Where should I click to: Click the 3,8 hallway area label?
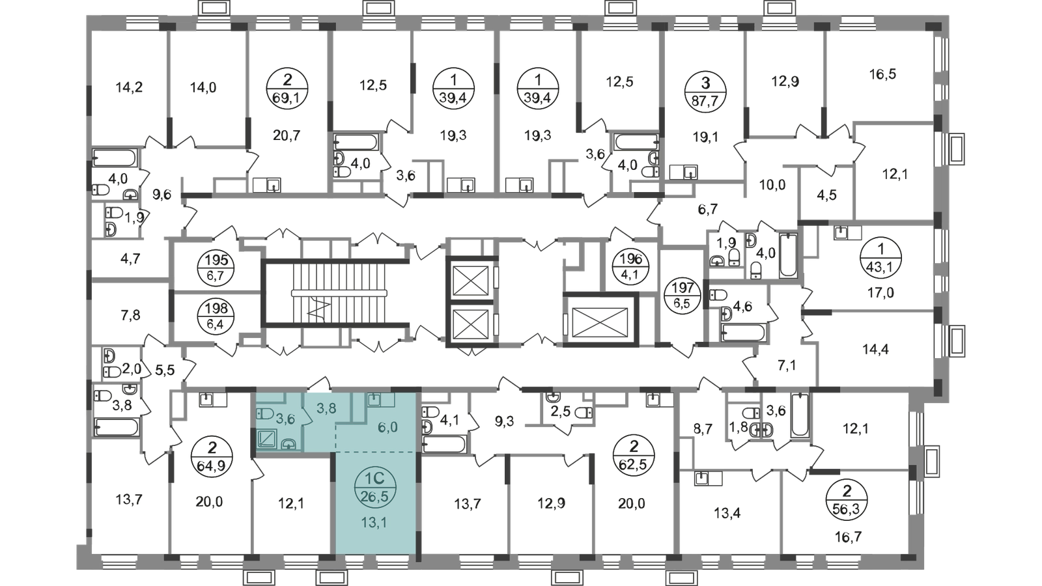point(326,409)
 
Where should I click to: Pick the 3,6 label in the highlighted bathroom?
point(285,419)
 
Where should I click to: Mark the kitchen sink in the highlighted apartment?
point(374,399)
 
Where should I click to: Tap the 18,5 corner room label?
point(882,76)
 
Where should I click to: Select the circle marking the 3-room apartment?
point(698,91)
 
